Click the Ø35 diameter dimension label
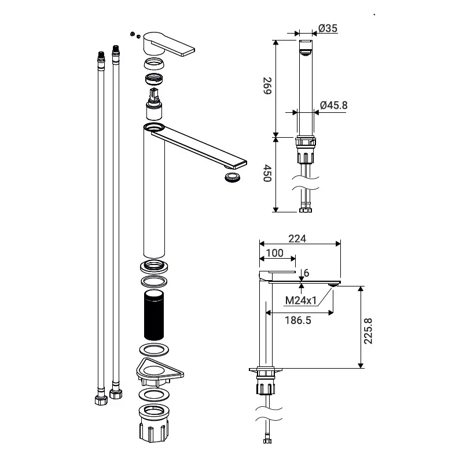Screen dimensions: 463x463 click(328, 28)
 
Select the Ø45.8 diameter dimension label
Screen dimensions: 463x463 click(334, 105)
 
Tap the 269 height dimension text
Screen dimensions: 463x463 click(267, 86)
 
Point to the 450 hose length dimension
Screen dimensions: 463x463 click(267, 173)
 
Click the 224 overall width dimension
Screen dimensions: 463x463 click(297, 238)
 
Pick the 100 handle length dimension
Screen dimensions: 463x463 click(274, 253)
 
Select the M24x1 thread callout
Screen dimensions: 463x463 click(301, 300)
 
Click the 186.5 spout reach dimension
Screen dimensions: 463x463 click(298, 321)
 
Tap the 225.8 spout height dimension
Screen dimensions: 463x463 click(368, 331)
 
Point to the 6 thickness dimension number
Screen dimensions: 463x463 click(307, 273)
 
